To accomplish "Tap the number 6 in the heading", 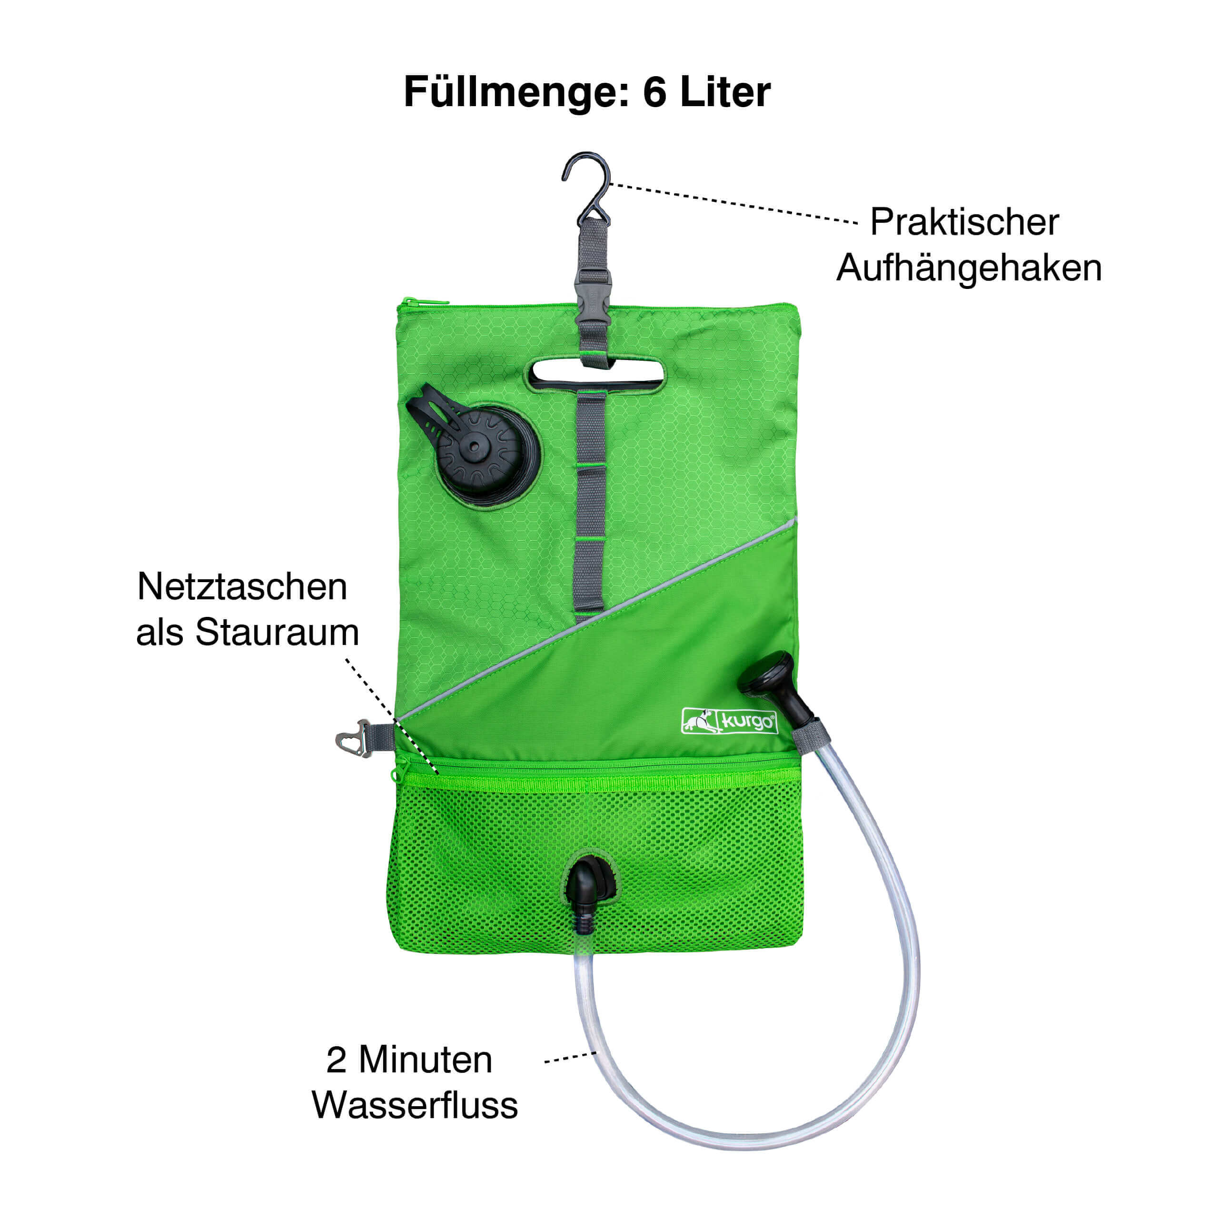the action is click(655, 92).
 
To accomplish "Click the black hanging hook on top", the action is click(587, 188).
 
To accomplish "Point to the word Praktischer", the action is click(964, 222).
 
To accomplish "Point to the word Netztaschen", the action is click(242, 587).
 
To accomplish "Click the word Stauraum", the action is click(277, 632).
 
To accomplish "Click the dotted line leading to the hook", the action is click(734, 203).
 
